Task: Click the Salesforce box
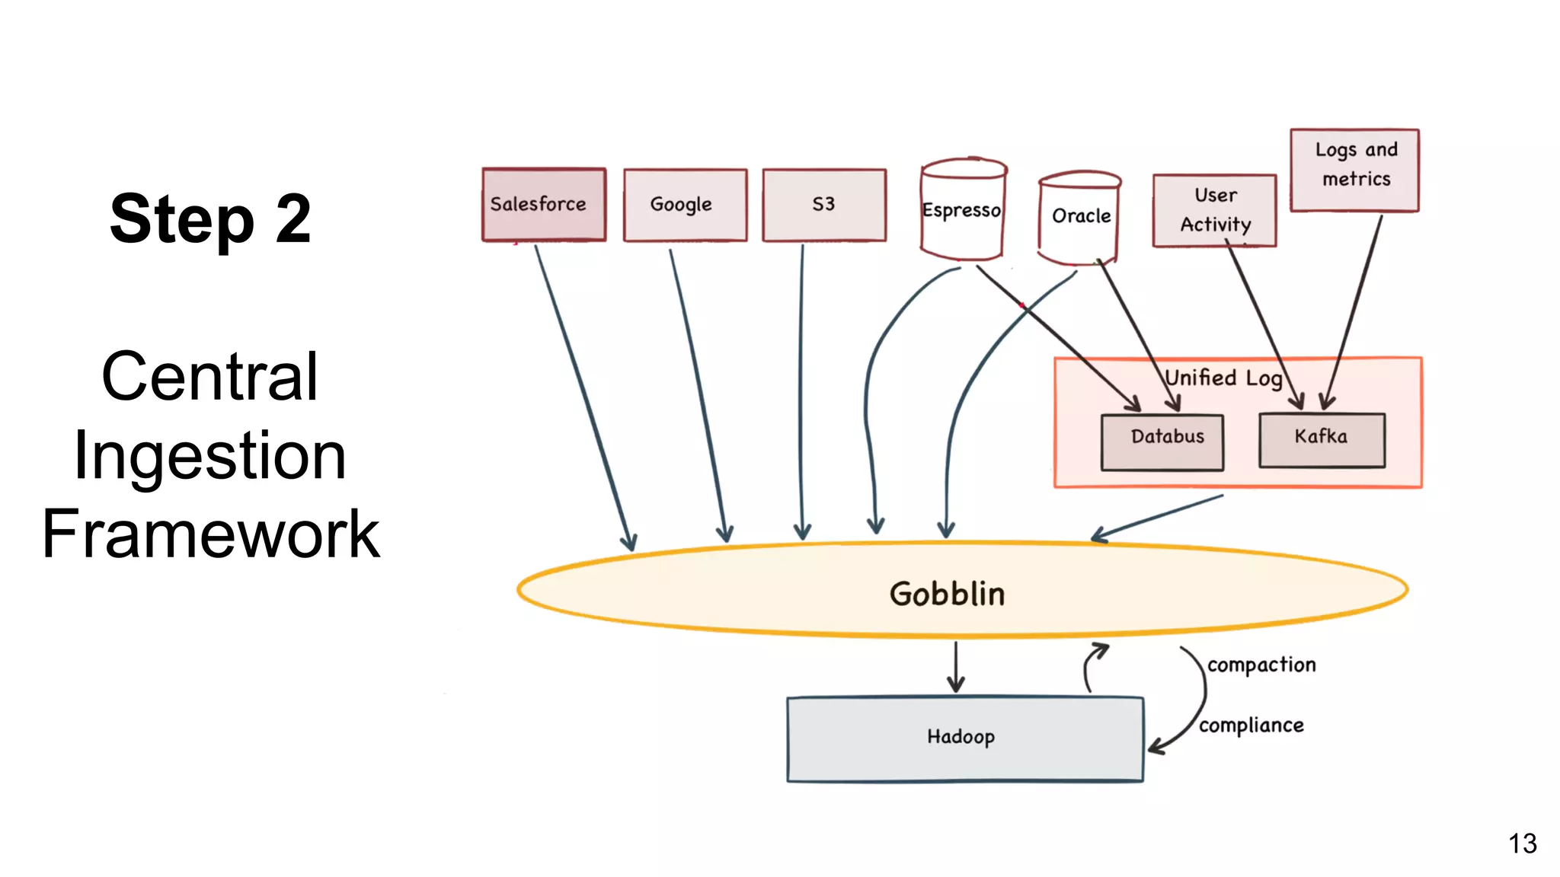(x=543, y=204)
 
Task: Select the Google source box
(x=685, y=204)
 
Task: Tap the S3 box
(x=824, y=204)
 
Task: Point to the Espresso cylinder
(x=962, y=210)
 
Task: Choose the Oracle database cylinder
(x=1079, y=217)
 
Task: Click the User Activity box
(x=1214, y=210)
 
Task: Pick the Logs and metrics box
(x=1354, y=170)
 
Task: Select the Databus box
(x=1162, y=442)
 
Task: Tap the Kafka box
(x=1322, y=440)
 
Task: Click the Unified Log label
(x=1223, y=378)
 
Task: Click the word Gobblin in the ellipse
(x=947, y=594)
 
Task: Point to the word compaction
(x=1261, y=665)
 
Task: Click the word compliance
(x=1252, y=726)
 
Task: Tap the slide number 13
(x=1522, y=844)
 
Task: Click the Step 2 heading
(x=210, y=218)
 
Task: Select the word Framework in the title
(x=210, y=534)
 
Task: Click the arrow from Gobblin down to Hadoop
(x=956, y=666)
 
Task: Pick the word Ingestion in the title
(x=210, y=455)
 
